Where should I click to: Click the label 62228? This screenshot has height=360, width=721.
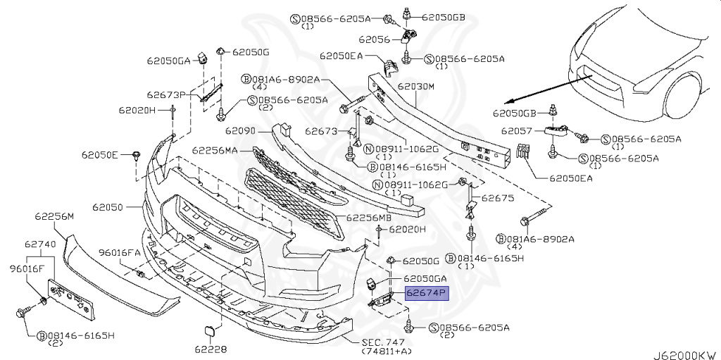pos(211,349)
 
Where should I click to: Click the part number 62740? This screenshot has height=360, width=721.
pos(39,244)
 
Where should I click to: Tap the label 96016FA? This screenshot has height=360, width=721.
pos(119,252)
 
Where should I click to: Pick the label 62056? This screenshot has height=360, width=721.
pos(374,40)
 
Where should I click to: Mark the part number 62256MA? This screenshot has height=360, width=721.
pos(215,150)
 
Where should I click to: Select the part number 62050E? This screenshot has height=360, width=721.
pos(99,154)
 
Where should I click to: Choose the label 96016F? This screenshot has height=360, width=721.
pos(27,268)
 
